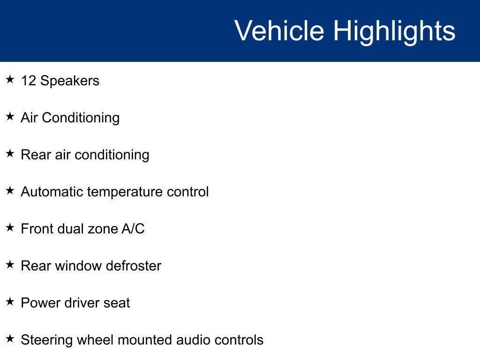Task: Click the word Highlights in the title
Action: (x=394, y=31)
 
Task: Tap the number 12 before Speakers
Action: (x=29, y=81)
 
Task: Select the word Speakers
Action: (x=70, y=81)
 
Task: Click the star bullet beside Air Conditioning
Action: (x=10, y=117)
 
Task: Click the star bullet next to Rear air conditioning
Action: (x=10, y=154)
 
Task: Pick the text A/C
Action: (x=133, y=229)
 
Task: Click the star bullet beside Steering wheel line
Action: (x=10, y=339)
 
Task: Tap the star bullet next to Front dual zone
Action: (x=10, y=228)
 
